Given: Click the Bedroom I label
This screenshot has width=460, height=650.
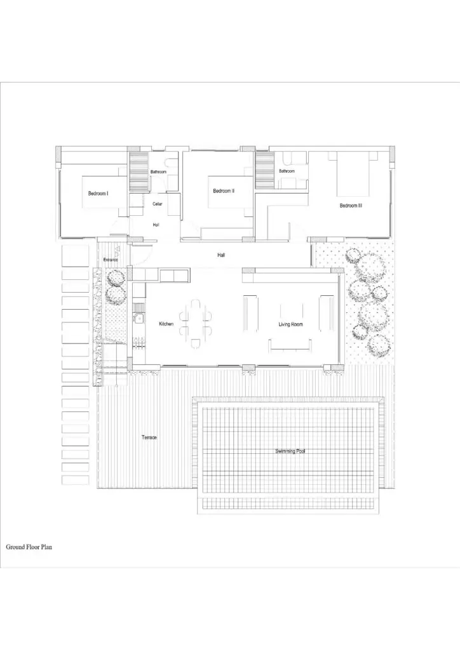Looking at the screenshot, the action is click(98, 193).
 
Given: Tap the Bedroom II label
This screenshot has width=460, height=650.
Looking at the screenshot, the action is click(224, 191).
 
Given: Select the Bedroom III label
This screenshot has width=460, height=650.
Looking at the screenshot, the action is click(351, 206).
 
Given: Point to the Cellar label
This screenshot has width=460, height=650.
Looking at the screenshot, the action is click(157, 204).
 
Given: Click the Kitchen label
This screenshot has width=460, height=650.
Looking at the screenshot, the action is click(166, 324).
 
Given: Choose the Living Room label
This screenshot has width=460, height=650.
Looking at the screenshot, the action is click(290, 324).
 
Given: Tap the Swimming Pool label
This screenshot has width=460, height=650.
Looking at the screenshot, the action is click(290, 451).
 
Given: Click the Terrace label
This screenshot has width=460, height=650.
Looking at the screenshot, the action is click(149, 437).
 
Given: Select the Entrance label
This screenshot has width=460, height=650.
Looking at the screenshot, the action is click(111, 260).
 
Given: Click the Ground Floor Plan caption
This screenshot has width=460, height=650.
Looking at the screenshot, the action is click(29, 547).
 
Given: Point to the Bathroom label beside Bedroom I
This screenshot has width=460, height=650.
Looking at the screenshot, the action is click(158, 171).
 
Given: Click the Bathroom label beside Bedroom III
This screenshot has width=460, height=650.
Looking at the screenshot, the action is click(287, 171).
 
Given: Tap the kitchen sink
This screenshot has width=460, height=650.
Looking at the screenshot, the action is click(139, 319).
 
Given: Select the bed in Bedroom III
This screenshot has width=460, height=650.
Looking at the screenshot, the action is click(353, 174).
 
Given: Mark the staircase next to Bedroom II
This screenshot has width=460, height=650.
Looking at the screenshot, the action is click(265, 170).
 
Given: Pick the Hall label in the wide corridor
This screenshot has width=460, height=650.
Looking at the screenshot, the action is click(221, 255).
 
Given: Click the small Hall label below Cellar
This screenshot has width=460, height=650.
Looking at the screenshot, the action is click(156, 225).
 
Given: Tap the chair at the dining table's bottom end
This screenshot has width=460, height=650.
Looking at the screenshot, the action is click(195, 343).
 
